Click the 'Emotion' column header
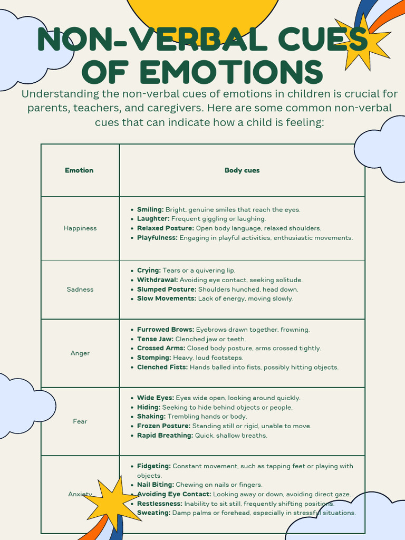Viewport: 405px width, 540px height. (79, 170)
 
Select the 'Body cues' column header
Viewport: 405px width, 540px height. (242, 170)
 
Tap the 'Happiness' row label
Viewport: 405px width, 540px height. (80, 228)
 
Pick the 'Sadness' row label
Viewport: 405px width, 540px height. (80, 290)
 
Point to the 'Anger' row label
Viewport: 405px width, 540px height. (80, 353)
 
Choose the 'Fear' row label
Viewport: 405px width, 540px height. (80, 421)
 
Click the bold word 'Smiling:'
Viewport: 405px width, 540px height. (150, 209)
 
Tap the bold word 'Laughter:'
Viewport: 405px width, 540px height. (153, 219)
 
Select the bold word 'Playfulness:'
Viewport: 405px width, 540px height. (157, 238)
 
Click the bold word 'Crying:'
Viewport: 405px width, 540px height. (149, 271)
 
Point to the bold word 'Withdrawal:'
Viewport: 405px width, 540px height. (157, 280)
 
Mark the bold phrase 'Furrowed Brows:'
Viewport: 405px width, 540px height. (166, 330)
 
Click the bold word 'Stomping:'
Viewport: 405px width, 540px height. (153, 358)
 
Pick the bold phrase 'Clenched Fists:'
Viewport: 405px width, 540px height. (162, 368)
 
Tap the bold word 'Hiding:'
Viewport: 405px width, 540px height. (149, 408)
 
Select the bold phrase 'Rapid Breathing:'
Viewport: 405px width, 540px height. (165, 436)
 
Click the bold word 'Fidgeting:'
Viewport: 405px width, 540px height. (154, 466)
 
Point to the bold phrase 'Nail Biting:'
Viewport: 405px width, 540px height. (156, 485)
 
